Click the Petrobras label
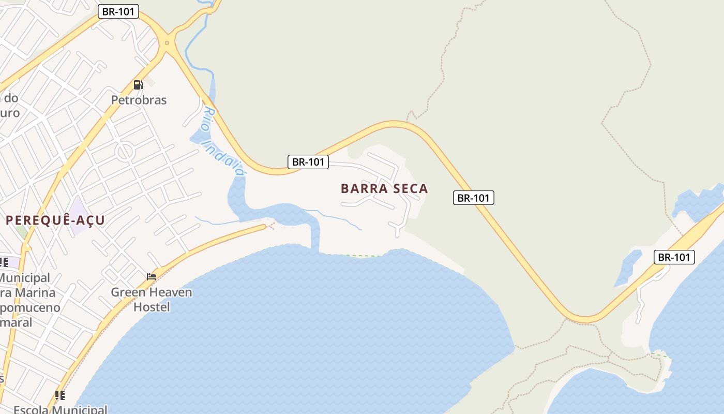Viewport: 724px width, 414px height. click(139, 100)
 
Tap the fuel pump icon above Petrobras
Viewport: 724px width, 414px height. click(138, 85)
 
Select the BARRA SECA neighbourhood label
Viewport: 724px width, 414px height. click(384, 189)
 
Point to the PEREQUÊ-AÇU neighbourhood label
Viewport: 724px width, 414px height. click(55, 220)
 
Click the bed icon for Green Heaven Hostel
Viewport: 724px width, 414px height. click(152, 277)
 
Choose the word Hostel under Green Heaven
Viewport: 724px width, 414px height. click(152, 307)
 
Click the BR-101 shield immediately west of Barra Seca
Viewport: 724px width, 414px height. click(308, 162)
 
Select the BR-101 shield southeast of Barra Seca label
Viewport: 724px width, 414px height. click(473, 197)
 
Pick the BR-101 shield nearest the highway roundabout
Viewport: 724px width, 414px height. click(118, 11)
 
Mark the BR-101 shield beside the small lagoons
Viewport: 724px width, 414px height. click(674, 257)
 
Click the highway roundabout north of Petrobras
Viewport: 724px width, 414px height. click(167, 43)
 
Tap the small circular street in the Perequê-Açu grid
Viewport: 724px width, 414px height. click(125, 152)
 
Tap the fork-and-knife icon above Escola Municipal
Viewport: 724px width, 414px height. click(60, 395)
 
